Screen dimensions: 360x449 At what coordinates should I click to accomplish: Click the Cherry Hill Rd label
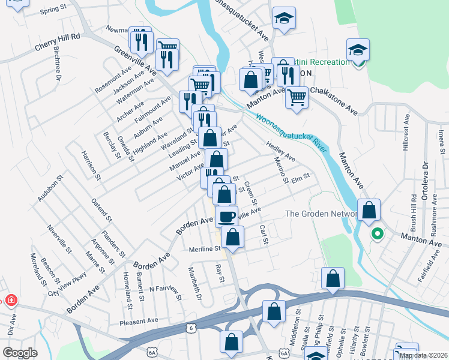pyautogui.click(x=58, y=37)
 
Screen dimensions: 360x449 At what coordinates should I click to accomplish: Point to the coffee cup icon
pyautogui.click(x=226, y=216)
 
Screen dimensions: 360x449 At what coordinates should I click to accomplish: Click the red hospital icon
pyautogui.click(x=10, y=300)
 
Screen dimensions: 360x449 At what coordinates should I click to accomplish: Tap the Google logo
pyautogui.click(x=20, y=353)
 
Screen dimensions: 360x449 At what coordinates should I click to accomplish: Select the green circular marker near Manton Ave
pyautogui.click(x=377, y=234)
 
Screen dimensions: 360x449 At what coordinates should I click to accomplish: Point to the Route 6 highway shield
pyautogui.click(x=191, y=328)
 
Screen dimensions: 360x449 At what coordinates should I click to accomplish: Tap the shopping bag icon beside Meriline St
pyautogui.click(x=232, y=236)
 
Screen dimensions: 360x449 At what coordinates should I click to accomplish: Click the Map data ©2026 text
pyautogui.click(x=423, y=355)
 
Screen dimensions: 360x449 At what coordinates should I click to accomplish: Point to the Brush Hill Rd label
pyautogui.click(x=414, y=209)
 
